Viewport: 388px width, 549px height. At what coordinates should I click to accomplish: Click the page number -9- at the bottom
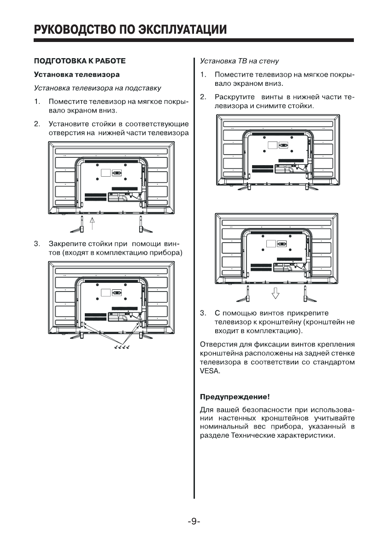[194, 522]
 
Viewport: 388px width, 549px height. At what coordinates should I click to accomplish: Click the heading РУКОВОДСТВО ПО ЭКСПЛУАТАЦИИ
[130, 30]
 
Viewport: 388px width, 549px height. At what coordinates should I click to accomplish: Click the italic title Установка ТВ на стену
[239, 60]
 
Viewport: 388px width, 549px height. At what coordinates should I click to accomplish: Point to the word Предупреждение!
[235, 397]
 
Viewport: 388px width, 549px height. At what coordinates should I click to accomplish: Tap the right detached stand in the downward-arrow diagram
[305, 294]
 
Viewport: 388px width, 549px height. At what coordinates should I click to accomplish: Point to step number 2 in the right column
[202, 97]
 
